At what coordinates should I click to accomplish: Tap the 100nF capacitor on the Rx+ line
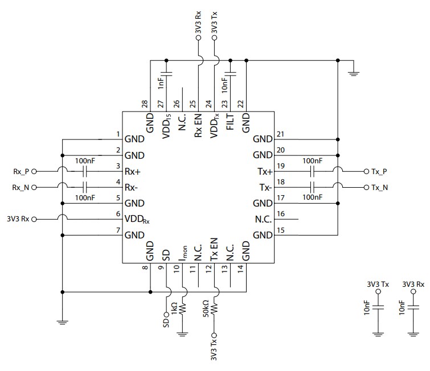coord(85,171)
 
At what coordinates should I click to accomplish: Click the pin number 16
coord(279,214)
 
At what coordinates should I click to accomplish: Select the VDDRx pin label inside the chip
coord(137,219)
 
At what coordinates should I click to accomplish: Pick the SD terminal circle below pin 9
coord(166,314)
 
